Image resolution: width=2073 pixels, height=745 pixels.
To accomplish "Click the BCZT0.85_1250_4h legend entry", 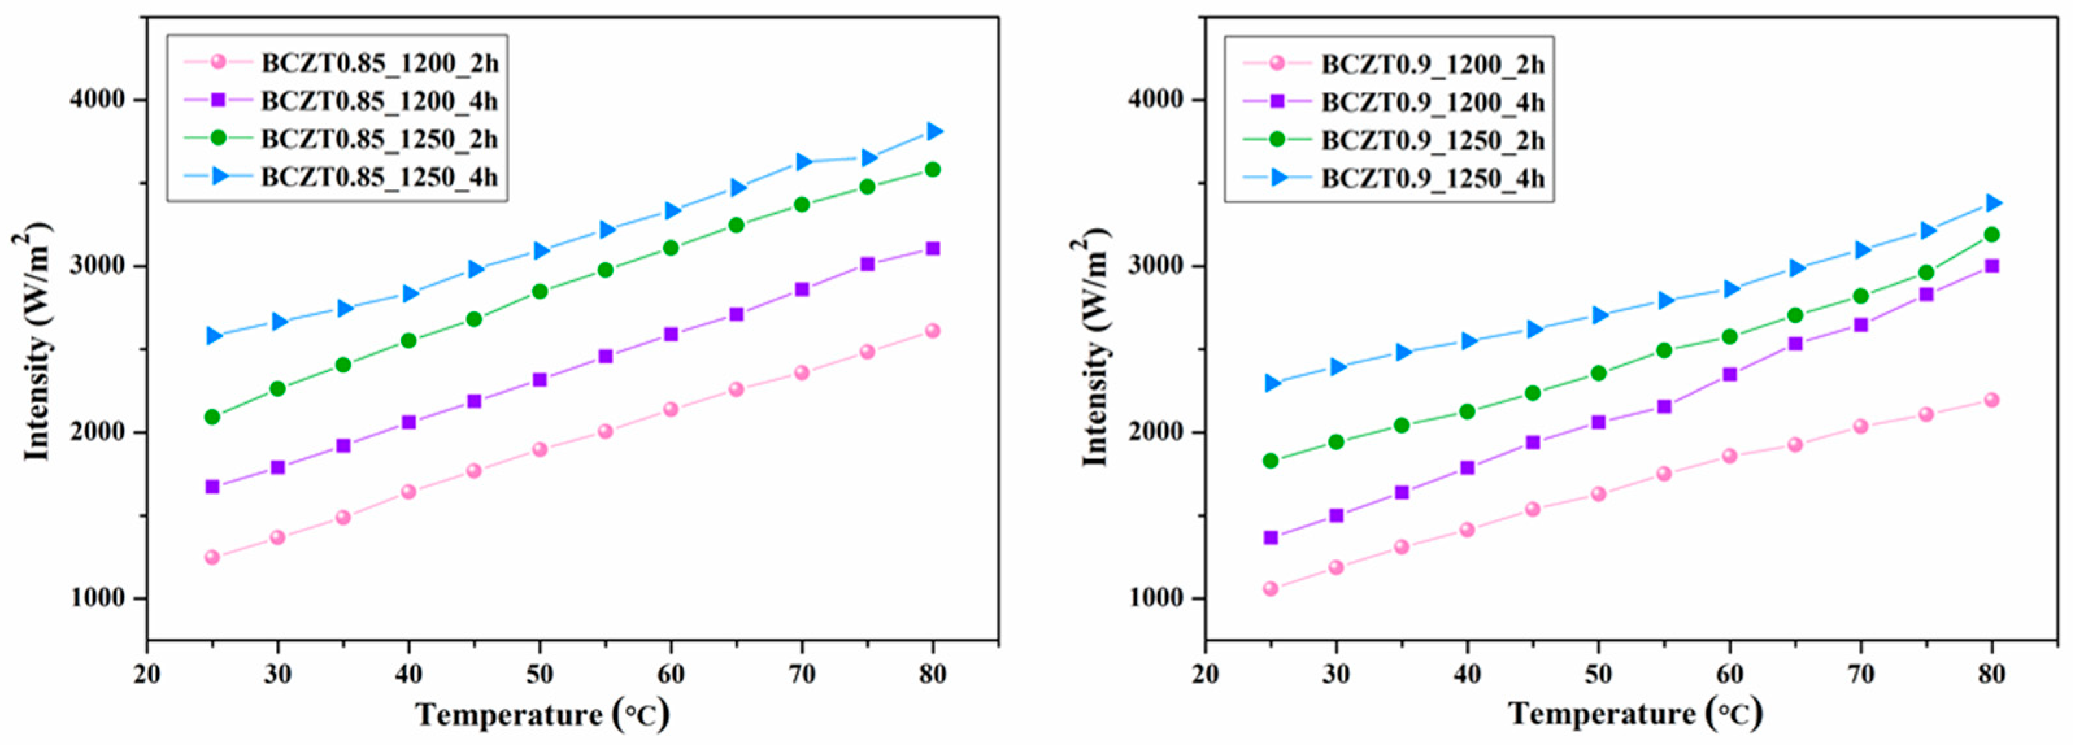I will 379,178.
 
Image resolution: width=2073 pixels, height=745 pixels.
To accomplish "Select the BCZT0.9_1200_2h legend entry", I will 1432,64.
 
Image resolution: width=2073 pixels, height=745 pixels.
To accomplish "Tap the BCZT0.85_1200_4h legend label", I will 379,101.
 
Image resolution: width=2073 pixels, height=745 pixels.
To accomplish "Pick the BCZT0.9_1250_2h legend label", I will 1432,140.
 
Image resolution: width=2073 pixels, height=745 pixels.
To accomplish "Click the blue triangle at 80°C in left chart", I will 934,131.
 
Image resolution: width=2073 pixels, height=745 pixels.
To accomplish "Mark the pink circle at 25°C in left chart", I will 212,557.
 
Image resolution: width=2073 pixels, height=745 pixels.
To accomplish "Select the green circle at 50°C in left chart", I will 539,291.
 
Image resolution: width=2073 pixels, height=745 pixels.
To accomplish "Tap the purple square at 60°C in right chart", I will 1730,374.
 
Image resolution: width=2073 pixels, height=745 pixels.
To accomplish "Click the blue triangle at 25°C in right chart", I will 1271,383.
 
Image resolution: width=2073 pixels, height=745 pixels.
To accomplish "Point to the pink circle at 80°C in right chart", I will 1991,400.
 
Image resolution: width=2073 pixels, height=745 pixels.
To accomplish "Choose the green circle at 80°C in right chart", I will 1991,235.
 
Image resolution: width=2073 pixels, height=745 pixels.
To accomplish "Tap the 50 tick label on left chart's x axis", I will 539,674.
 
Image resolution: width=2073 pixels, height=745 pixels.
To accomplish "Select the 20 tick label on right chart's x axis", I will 1206,674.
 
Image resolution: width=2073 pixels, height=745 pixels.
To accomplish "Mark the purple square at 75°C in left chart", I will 867,264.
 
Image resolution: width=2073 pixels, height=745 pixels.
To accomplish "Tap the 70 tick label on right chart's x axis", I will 1860,674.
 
